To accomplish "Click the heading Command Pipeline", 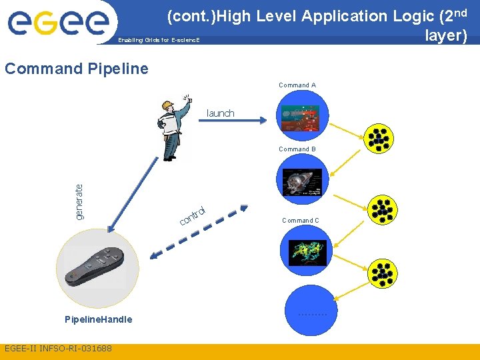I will [x=77, y=68].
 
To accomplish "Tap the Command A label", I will [x=297, y=85].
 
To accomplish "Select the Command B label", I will [x=297, y=149].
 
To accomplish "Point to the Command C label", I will [x=300, y=221].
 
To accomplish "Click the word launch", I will [x=221, y=113].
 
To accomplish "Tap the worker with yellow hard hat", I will [x=173, y=127].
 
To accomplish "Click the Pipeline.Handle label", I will [x=99, y=319].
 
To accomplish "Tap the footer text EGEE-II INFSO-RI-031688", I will [x=58, y=349].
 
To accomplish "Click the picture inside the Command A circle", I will [x=303, y=119].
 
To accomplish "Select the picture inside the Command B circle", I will [x=302, y=182].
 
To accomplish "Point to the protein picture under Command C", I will [x=307, y=253].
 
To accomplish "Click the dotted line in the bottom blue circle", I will [x=312, y=314].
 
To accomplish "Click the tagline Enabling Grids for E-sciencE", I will [x=159, y=41].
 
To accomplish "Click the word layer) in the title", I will [x=446, y=35].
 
